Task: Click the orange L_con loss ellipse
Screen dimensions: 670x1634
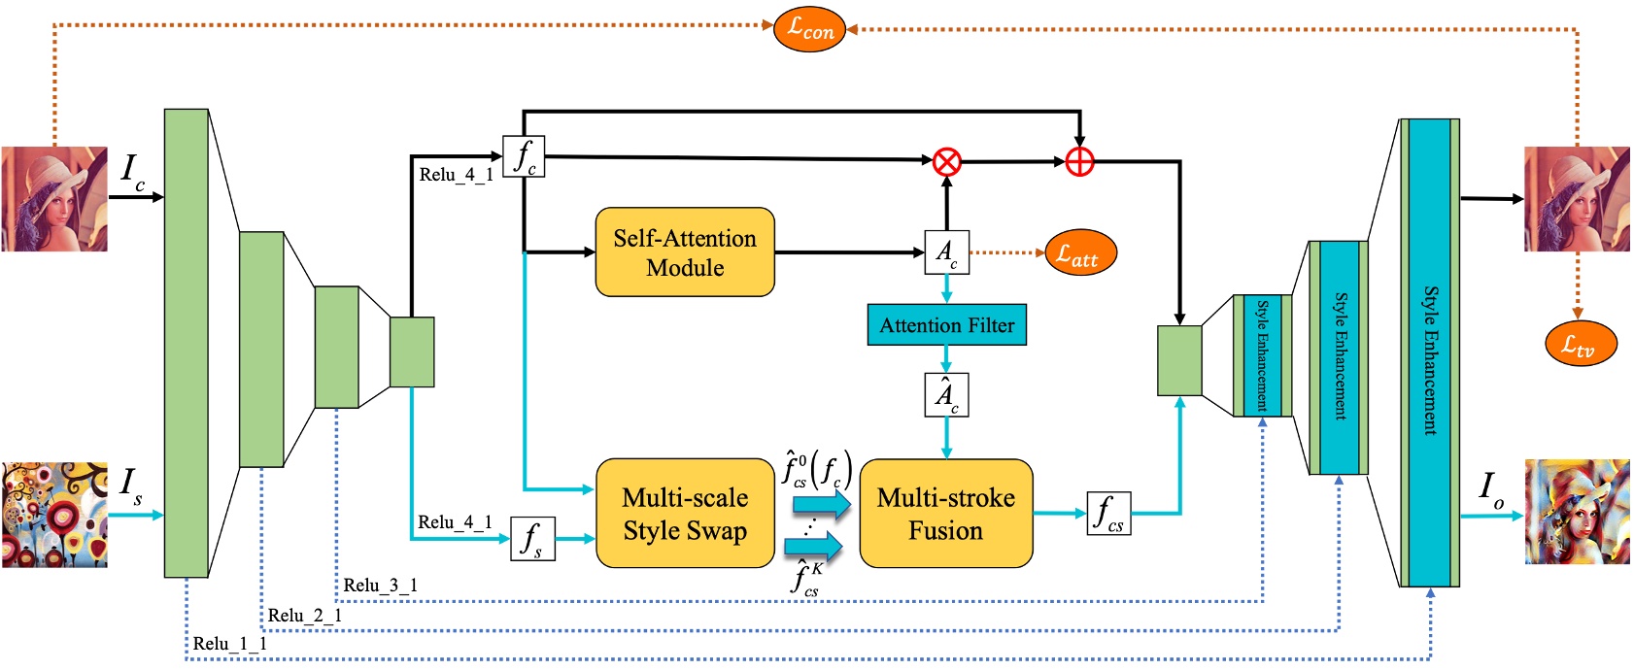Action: click(809, 29)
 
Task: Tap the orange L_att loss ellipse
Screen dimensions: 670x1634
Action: click(1079, 254)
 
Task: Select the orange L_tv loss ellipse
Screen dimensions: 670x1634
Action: click(1580, 343)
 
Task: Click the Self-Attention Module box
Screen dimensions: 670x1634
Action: click(685, 252)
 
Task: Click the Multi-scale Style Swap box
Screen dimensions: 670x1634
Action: click(685, 514)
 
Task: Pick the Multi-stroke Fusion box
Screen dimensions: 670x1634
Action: click(945, 514)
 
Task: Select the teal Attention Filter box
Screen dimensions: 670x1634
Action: click(946, 325)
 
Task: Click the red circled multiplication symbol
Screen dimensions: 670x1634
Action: click(947, 161)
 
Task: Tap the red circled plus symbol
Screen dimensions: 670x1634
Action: click(1079, 161)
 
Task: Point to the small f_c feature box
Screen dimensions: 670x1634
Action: click(524, 156)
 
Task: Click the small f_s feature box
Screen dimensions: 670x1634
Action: click(532, 538)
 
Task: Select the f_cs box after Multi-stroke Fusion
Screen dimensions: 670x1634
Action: click(1108, 513)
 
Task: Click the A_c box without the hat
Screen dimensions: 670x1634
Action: click(946, 252)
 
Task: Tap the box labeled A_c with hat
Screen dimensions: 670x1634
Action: click(946, 395)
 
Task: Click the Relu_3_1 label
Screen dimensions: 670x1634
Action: click(380, 586)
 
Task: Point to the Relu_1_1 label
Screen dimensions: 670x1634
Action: click(229, 644)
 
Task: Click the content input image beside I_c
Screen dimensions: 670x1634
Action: click(54, 199)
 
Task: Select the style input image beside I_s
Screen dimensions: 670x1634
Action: click(54, 515)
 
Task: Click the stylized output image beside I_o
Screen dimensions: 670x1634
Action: click(1576, 512)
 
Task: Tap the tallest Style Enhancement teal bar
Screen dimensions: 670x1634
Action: click(1430, 353)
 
